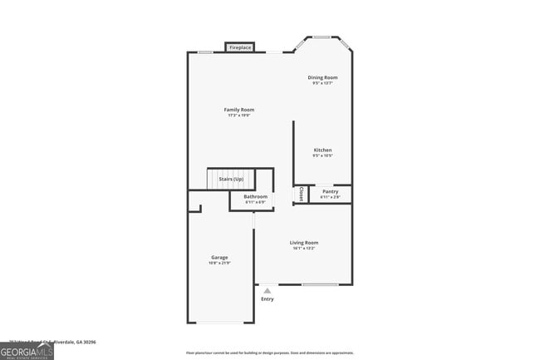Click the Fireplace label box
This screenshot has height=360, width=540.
coord(240,47)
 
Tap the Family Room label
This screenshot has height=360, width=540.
coord(239,110)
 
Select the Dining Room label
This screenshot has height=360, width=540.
coord(324,77)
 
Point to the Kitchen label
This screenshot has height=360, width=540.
coord(322,150)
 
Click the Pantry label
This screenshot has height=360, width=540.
coord(331,191)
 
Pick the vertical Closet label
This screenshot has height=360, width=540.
coord(301,194)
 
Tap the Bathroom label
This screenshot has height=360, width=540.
coord(255,197)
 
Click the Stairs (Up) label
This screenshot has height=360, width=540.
coord(231,179)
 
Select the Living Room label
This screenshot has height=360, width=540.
coord(305,243)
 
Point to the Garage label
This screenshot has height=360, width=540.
coord(219,258)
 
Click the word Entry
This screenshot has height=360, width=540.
coord(267,298)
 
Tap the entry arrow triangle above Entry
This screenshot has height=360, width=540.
coord(267,290)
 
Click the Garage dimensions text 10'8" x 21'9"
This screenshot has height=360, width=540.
coord(219,264)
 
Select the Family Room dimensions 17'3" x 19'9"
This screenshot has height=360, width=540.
coord(239,116)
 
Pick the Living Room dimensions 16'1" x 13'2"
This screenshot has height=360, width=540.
coord(305,249)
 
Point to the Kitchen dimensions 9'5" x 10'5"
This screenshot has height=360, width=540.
coord(322,156)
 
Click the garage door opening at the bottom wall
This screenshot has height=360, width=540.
coord(219,323)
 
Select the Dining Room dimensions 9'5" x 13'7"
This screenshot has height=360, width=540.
coord(324,83)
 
